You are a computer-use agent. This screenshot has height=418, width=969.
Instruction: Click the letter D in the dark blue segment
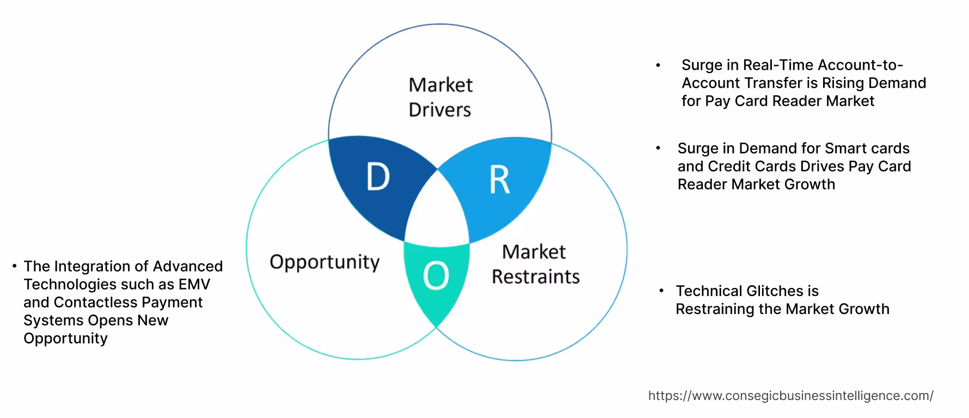378,177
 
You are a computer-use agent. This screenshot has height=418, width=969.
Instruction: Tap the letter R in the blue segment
499,180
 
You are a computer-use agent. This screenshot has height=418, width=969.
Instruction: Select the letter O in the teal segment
436,275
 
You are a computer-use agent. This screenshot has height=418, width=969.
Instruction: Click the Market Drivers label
440,97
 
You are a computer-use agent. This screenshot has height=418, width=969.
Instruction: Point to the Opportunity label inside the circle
324,262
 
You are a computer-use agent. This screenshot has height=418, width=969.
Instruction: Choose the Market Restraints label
535,264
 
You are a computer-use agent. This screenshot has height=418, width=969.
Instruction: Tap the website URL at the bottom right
790,396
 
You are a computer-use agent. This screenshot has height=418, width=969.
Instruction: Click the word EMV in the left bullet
194,284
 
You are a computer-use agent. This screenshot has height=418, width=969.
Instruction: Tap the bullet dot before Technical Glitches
661,291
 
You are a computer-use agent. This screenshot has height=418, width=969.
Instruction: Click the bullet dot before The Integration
14,266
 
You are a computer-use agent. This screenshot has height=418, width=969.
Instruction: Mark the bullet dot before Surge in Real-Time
658,65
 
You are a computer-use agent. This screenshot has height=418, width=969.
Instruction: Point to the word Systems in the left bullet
48,320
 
